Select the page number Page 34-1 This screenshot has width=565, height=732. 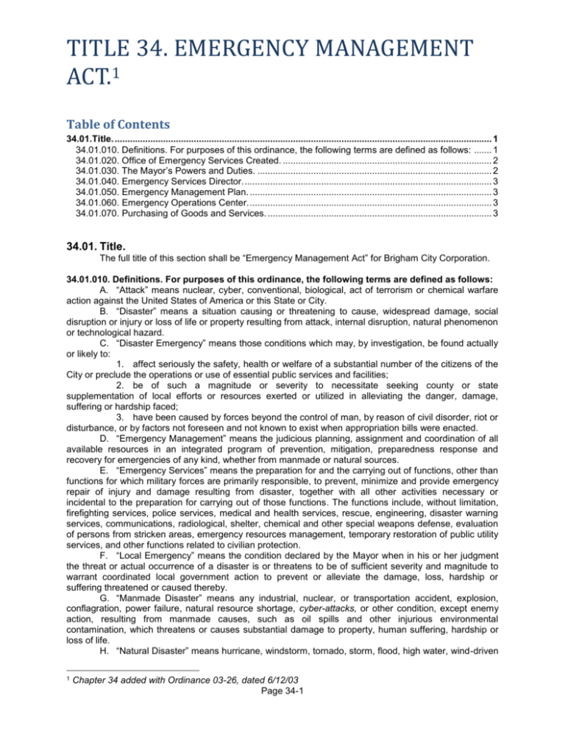click(x=282, y=719)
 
